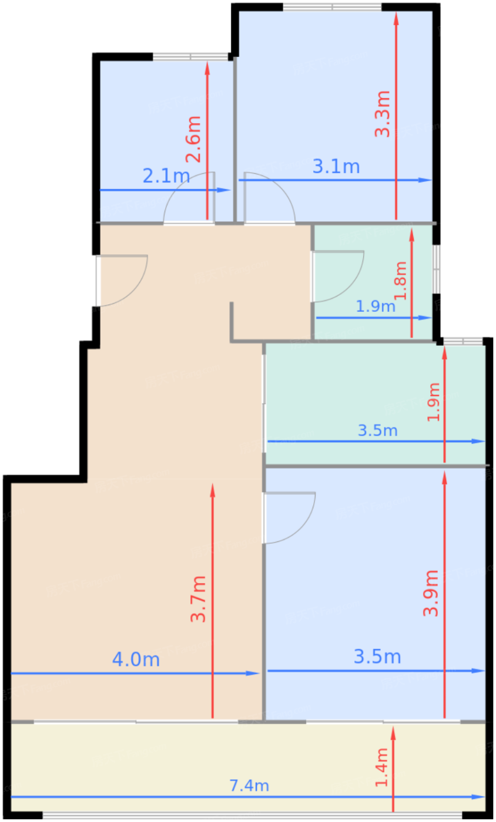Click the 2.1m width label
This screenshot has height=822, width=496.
point(166,176)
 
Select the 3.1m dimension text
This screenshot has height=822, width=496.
point(336,167)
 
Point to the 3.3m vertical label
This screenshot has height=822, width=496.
point(383,114)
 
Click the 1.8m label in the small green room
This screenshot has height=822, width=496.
point(401,281)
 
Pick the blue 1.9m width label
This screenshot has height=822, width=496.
point(376,306)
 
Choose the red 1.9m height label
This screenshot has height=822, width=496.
point(434,402)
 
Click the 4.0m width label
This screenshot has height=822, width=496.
point(136,659)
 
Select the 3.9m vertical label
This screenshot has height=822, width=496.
point(431,592)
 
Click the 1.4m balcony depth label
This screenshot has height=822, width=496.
point(382,767)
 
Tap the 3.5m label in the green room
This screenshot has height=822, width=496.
point(377,430)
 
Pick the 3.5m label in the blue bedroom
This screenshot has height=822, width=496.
point(377,656)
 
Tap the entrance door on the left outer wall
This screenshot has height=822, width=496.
point(121,281)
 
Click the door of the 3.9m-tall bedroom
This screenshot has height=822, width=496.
point(289,517)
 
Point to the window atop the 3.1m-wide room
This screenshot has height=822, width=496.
point(332,7)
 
